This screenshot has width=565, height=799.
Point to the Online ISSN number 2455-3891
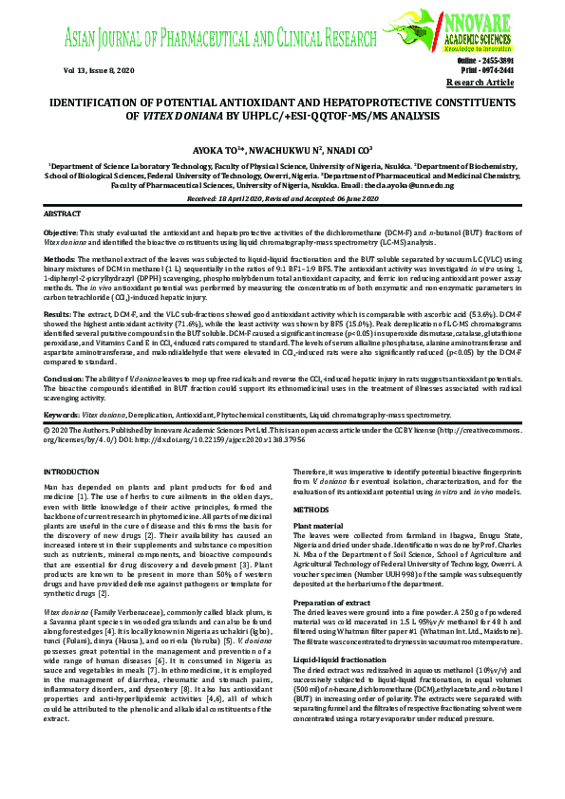click(520, 61)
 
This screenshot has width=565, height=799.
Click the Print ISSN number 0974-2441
click(520, 70)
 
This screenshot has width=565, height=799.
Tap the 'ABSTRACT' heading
click(64, 214)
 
